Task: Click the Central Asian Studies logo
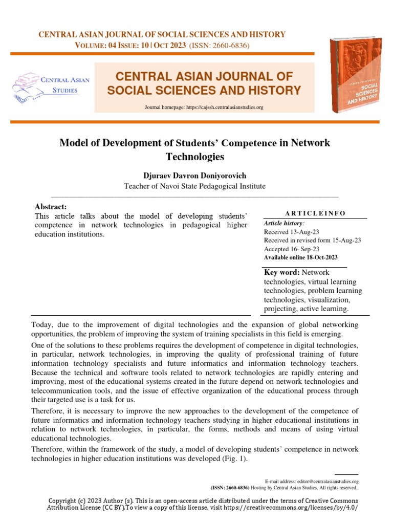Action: pos(51,85)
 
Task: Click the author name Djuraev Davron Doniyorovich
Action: pos(195,175)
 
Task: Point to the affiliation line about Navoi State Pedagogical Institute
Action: pos(195,186)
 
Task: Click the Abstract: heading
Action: pos(50,206)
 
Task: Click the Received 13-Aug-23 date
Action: pos(286,232)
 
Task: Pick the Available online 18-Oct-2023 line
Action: pos(300,257)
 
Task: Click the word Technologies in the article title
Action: pos(195,156)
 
